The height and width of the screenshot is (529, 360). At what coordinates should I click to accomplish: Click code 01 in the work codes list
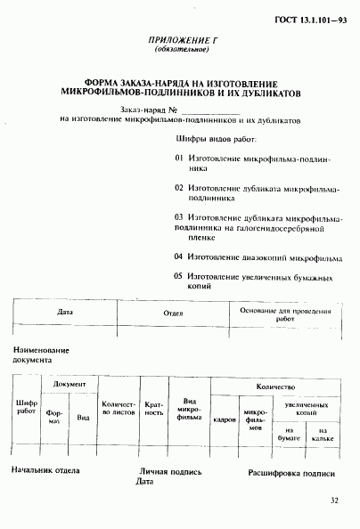(178, 158)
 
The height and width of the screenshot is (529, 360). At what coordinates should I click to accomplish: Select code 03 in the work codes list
(178, 216)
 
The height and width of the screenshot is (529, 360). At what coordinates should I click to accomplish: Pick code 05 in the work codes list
(178, 277)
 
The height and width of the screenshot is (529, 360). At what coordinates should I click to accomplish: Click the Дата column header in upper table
(65, 313)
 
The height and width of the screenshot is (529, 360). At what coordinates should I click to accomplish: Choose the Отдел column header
(173, 313)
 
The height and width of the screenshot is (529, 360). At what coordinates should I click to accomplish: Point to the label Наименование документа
(41, 356)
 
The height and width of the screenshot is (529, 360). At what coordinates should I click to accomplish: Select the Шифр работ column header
(27, 408)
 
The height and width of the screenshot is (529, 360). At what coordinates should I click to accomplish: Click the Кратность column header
(153, 408)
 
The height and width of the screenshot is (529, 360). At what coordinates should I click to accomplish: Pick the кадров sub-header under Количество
(225, 418)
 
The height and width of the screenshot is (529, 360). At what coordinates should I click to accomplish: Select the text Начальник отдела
(45, 471)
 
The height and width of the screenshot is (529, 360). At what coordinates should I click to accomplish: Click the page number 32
(333, 501)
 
